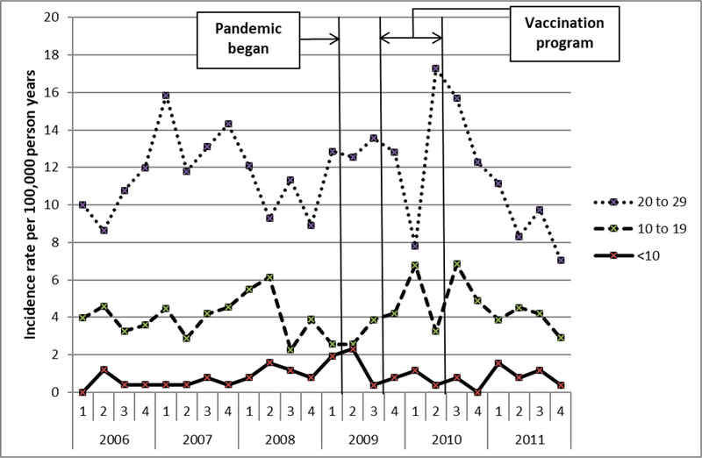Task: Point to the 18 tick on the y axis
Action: [x=55, y=54]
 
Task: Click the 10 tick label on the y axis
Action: [x=55, y=204]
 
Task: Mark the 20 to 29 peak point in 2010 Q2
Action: [x=435, y=68]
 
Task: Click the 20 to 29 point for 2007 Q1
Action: [x=165, y=96]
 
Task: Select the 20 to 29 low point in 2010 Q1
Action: [x=415, y=246]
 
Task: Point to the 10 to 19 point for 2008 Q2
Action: [x=269, y=277]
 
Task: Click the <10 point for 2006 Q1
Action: [x=82, y=392]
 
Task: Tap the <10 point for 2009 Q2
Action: [x=353, y=348]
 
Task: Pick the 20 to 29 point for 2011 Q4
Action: [x=560, y=260]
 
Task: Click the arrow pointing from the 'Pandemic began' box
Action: [x=320, y=38]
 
